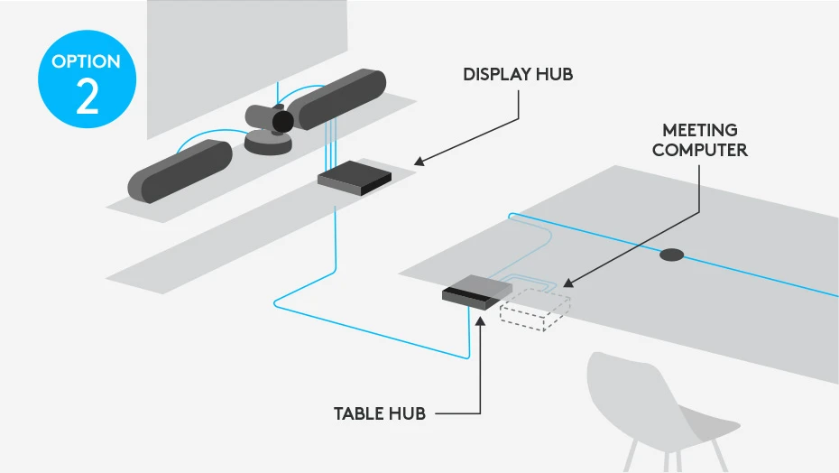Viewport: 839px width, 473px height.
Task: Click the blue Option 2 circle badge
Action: pos(87,84)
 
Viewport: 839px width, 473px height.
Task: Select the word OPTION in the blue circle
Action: pos(87,62)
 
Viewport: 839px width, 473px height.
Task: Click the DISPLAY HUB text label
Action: pos(518,75)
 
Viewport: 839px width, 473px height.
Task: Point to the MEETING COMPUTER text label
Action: pos(699,141)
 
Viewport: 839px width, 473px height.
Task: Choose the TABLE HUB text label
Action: pos(379,414)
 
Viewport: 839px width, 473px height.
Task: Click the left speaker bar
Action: pos(180,171)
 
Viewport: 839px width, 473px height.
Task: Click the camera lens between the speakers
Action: pos(282,122)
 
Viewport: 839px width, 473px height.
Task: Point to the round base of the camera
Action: pos(270,144)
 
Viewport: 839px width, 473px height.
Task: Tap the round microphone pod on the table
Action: pos(672,255)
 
